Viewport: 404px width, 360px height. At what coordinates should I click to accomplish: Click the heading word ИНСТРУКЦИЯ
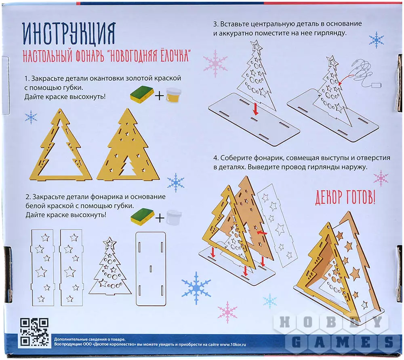point(69,34)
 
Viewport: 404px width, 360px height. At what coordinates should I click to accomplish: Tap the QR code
point(34,332)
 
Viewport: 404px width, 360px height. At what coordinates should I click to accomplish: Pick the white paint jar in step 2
point(174,217)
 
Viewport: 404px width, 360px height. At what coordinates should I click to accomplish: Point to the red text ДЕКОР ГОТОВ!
point(345,197)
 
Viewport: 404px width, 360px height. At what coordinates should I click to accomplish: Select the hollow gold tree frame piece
point(61,144)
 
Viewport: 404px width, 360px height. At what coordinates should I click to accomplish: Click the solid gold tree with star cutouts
point(128,144)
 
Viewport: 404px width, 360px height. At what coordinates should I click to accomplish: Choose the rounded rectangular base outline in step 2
point(151,269)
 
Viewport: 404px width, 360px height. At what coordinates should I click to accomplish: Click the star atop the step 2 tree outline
point(109,242)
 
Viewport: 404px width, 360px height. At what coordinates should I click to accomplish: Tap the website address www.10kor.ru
point(233,344)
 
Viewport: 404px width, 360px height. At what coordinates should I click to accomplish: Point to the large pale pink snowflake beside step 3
point(215,64)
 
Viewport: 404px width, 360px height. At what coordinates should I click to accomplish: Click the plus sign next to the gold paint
point(160,96)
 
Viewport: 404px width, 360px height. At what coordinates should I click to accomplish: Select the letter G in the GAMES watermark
point(296,342)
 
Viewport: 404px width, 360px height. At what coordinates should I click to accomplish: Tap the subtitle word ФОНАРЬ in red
point(90,56)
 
